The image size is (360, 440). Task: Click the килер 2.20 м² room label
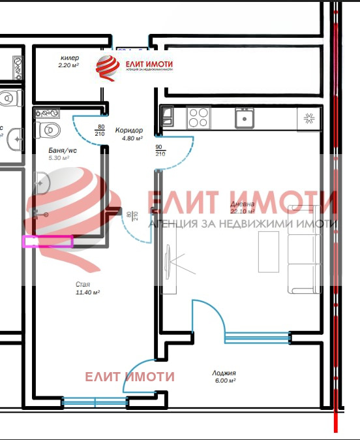(68, 61)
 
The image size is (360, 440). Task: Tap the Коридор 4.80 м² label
(128, 134)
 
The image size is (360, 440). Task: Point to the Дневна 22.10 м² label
(243, 208)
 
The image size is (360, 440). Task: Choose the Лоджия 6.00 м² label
(223, 377)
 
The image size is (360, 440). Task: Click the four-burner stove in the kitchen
(198, 118)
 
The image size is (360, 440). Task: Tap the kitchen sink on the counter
(245, 118)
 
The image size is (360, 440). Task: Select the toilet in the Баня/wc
(47, 129)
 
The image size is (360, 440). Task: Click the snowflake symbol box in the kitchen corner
(309, 118)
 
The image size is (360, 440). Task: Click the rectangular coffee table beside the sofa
(268, 251)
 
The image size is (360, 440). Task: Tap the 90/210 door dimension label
(160, 150)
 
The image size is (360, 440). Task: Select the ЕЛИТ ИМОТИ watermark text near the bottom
(130, 377)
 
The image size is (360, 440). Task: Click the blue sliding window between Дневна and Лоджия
(257, 337)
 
